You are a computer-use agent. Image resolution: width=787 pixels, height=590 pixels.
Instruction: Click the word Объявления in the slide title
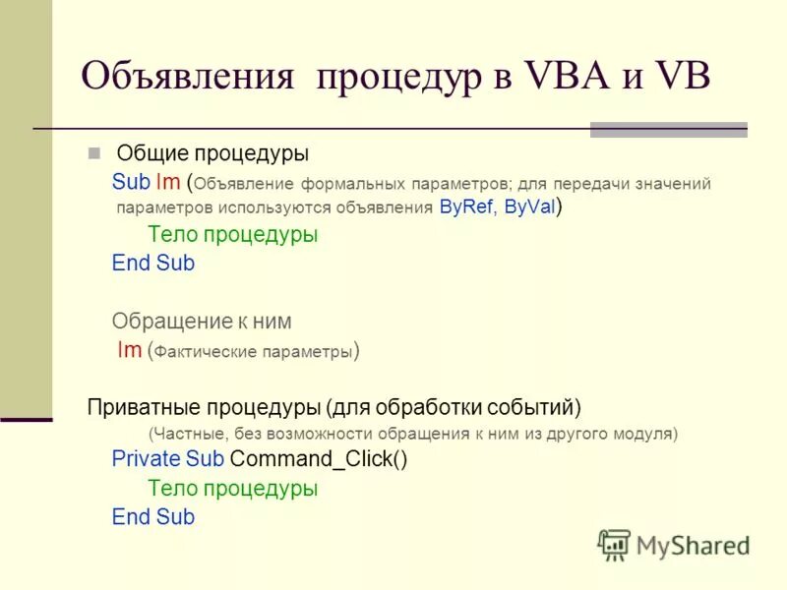click(x=187, y=77)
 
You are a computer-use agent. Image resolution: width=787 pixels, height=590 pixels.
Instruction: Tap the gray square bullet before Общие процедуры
click(x=94, y=153)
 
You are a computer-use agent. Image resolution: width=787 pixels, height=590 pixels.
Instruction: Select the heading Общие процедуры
click(x=212, y=153)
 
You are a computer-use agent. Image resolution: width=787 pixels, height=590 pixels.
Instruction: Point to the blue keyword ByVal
click(x=529, y=207)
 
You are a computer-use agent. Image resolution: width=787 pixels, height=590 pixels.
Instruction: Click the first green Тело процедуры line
click(x=232, y=235)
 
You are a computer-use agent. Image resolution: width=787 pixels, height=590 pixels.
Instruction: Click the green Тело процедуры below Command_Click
click(x=232, y=488)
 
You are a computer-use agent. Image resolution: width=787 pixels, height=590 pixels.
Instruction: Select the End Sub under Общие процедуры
click(x=153, y=264)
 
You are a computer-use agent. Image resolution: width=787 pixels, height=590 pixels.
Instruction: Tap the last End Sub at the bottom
click(x=153, y=517)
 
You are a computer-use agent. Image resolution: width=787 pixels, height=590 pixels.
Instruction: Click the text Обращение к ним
click(x=202, y=322)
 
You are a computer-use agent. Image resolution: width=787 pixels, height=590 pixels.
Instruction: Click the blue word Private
click(x=146, y=459)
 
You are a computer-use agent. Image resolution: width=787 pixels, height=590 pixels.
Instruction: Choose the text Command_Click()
click(x=318, y=459)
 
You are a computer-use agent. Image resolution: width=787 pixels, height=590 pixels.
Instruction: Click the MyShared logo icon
click(x=614, y=543)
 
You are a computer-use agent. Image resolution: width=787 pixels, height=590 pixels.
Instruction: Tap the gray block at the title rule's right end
click(x=668, y=129)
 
